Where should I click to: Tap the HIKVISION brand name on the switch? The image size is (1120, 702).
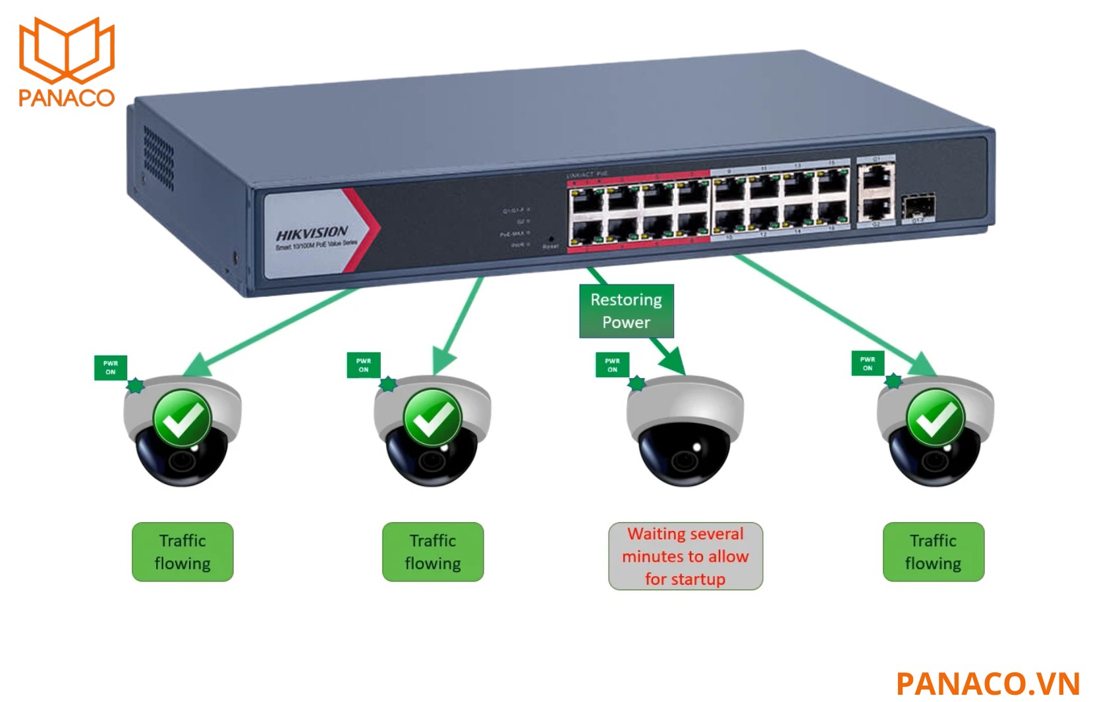pos(312,233)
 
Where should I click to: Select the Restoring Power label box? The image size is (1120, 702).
pos(626,311)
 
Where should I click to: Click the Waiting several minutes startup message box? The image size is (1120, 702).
pos(685,556)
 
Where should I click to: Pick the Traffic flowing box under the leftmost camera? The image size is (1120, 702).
pos(182,552)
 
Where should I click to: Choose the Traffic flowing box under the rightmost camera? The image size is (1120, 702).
pos(933,552)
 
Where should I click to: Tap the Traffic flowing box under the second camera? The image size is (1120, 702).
pos(433,552)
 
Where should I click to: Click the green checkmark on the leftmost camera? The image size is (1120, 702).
pos(182,418)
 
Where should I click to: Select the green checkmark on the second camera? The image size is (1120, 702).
pos(432,418)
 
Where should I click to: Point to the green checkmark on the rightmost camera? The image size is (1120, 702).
pos(936,418)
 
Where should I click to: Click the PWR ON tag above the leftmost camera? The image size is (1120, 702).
pos(111,367)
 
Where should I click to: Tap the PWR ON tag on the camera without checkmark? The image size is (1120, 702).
pos(613,365)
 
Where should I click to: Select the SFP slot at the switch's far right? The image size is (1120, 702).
pos(918,207)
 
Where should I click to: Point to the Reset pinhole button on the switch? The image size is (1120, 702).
pos(550,239)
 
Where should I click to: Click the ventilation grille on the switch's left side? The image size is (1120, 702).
pos(159,158)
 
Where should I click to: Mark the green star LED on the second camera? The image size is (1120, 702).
pos(388,384)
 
